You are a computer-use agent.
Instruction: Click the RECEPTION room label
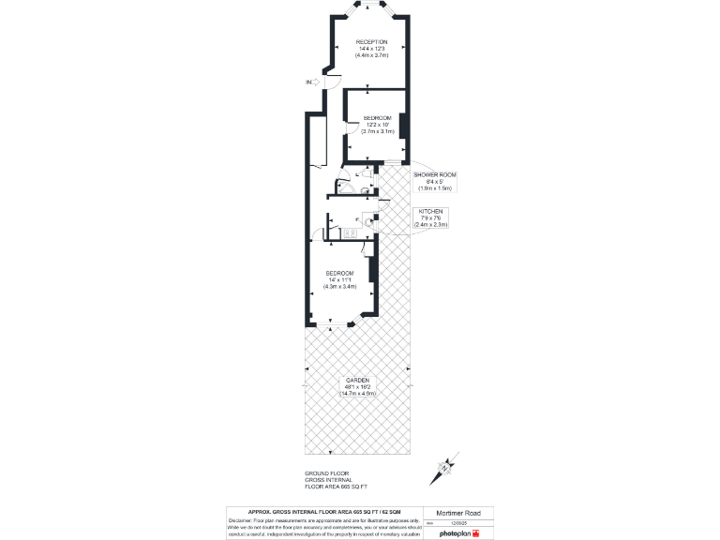click(371, 42)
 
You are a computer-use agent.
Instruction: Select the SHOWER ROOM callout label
click(434, 175)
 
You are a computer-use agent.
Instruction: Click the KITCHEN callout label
click(431, 212)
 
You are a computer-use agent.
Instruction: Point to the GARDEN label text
click(356, 380)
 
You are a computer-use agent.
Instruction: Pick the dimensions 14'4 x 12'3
click(371, 49)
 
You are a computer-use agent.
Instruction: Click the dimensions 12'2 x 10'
click(378, 124)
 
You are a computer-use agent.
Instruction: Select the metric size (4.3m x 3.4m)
click(340, 286)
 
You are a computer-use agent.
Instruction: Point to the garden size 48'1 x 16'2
click(356, 386)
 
